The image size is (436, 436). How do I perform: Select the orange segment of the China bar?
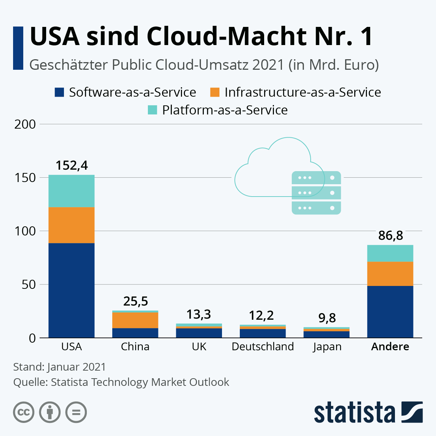click(135, 320)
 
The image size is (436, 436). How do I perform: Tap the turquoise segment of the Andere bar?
click(390, 253)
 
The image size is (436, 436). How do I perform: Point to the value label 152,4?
click(72, 166)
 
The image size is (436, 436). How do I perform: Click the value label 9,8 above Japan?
click(327, 318)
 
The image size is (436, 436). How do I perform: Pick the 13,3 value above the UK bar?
click(199, 314)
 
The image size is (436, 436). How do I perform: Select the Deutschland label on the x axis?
click(263, 347)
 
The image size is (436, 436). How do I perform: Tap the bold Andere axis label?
click(390, 347)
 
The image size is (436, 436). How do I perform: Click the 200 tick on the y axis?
click(25, 124)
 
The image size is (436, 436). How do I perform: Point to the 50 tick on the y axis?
click(29, 284)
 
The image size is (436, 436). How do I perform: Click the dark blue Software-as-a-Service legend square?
click(59, 92)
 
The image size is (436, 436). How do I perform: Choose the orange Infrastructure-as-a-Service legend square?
click(215, 92)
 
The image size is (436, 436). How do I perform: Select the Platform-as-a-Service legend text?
click(225, 110)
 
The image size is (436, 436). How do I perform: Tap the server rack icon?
click(316, 193)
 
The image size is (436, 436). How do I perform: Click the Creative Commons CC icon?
click(24, 412)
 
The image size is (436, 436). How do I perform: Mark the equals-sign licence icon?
click(76, 412)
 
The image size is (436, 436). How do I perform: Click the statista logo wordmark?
click(354, 412)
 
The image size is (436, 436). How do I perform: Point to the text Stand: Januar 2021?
click(60, 367)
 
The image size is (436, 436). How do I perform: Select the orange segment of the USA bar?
click(72, 225)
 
